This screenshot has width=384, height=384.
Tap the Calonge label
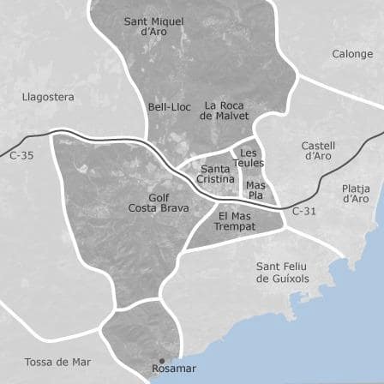coord(352,54)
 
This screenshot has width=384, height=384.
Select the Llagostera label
coord(48,97)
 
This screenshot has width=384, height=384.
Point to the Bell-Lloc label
coord(169,107)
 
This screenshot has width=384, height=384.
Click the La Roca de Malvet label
coord(225,111)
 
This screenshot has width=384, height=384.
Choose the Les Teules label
coord(249,158)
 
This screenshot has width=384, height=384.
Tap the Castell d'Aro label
coord(318,151)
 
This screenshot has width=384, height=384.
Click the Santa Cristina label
coord(215,174)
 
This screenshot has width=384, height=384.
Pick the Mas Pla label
coord(255,189)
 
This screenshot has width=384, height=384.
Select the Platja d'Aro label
coord(356,193)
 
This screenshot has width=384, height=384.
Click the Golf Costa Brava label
coord(159,203)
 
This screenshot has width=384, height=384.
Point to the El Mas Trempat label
coord(234,221)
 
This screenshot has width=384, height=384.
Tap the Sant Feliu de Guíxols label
coord(282,273)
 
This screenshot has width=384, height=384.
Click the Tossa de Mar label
coord(57,362)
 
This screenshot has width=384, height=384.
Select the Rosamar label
coord(174,369)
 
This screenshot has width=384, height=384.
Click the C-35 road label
coord(21,155)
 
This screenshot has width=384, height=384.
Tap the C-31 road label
coord(304,211)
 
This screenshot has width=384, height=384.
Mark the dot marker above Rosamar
coord(161,361)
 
